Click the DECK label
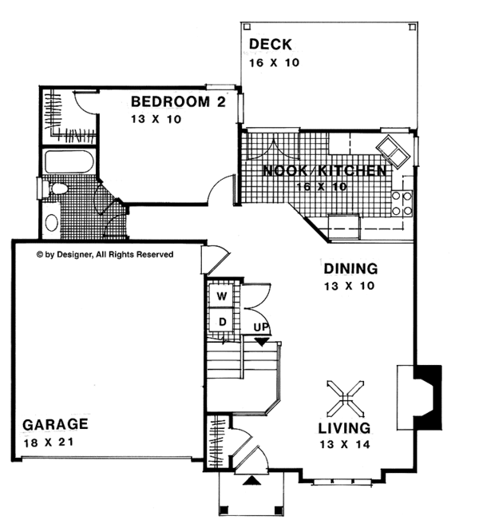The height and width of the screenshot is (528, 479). click(x=270, y=44)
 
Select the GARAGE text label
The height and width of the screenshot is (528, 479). click(x=55, y=424)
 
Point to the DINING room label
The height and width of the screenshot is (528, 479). click(x=350, y=269)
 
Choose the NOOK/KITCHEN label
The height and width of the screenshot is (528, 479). click(x=325, y=171)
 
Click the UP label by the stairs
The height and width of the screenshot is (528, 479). click(x=261, y=328)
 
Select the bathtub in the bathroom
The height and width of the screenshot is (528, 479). click(x=69, y=163)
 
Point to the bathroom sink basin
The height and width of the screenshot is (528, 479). click(x=51, y=222)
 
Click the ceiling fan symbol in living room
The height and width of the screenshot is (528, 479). click(x=344, y=395)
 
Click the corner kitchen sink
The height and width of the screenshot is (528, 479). click(x=391, y=148)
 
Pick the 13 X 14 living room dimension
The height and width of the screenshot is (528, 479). click(x=344, y=444)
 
